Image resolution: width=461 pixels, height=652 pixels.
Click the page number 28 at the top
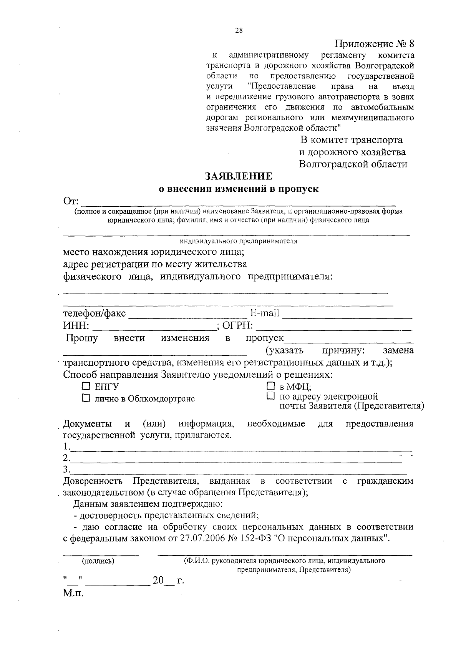238,32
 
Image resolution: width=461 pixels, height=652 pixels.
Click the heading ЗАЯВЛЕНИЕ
239,176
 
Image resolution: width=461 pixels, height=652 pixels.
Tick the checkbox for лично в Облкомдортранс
86,398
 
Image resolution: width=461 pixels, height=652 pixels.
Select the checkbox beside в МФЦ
271,386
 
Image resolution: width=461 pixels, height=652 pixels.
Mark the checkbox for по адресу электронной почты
271,396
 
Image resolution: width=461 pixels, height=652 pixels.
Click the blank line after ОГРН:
334,327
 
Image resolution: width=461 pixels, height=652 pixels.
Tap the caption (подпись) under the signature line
98,561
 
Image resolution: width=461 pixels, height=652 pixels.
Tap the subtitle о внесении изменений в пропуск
239,189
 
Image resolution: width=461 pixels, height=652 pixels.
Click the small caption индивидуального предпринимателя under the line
238,241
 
